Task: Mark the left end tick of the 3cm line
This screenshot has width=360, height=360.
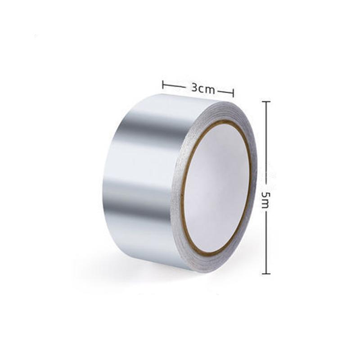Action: (163, 84)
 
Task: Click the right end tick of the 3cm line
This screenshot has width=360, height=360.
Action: (233, 93)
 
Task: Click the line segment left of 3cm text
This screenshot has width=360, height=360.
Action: (175, 85)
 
